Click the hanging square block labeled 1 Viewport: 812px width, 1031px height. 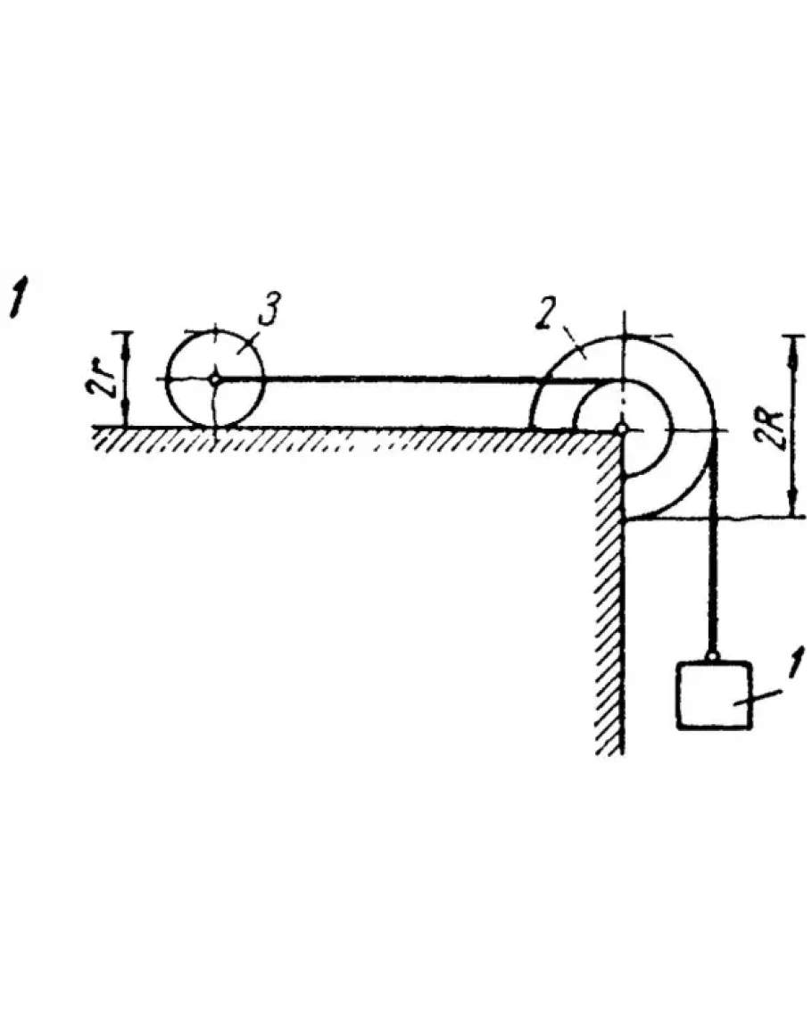pyautogui.click(x=713, y=695)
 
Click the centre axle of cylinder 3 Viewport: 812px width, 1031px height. pyautogui.click(x=215, y=379)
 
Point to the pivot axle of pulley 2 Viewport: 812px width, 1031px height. pyautogui.click(x=623, y=429)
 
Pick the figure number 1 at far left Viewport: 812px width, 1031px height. pyautogui.click(x=16, y=297)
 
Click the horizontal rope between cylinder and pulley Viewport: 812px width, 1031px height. pyautogui.click(x=402, y=379)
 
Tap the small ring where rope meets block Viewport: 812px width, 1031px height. pyautogui.click(x=713, y=658)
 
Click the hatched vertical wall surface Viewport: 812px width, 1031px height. pyautogui.click(x=612, y=607)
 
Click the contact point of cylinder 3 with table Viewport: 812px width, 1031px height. pyautogui.click(x=215, y=428)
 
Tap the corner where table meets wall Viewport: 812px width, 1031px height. pyautogui.click(x=621, y=431)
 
